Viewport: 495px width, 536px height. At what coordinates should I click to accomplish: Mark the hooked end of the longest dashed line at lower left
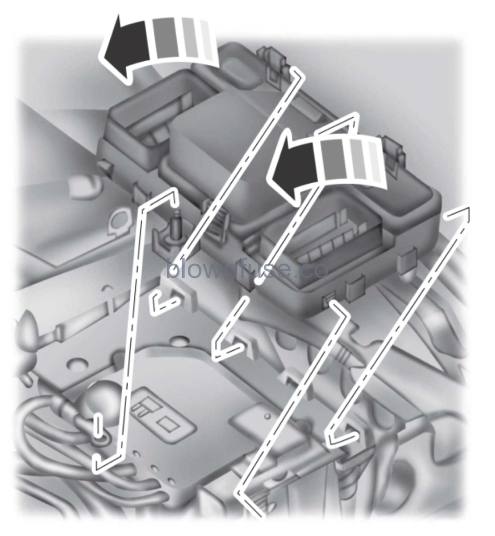[x=99, y=463]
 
